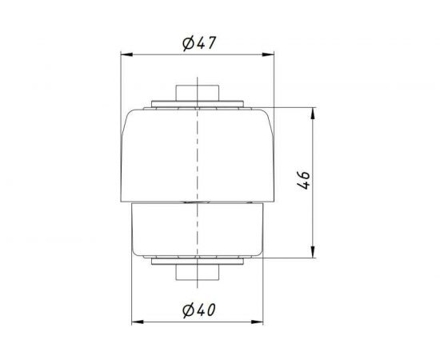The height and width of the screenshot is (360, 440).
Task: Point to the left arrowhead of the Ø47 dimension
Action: click(x=124, y=54)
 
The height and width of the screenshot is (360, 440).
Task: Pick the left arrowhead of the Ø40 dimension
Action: click(x=134, y=321)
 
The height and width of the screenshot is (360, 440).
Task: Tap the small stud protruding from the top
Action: click(x=194, y=89)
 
